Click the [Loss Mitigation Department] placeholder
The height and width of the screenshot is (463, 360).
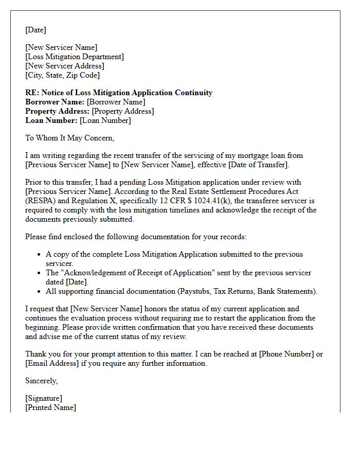pyautogui.click(x=75, y=57)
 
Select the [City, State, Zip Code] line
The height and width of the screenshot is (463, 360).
pyautogui.click(x=62, y=75)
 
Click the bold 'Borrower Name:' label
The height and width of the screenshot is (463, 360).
pyautogui.click(x=55, y=102)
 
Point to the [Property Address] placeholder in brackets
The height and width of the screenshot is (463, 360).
pyautogui.click(x=122, y=111)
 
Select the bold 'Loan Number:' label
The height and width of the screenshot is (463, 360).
pyautogui.click(x=51, y=120)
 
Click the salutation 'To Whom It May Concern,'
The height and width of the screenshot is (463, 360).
pyautogui.click(x=69, y=138)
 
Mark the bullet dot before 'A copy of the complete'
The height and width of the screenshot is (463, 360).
pyautogui.click(x=40, y=254)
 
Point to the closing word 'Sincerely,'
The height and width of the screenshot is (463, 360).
pyautogui.click(x=42, y=381)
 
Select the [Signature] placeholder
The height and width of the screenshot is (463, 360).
pyautogui.click(x=44, y=398)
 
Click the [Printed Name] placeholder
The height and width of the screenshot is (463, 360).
pyautogui.click(x=50, y=407)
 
